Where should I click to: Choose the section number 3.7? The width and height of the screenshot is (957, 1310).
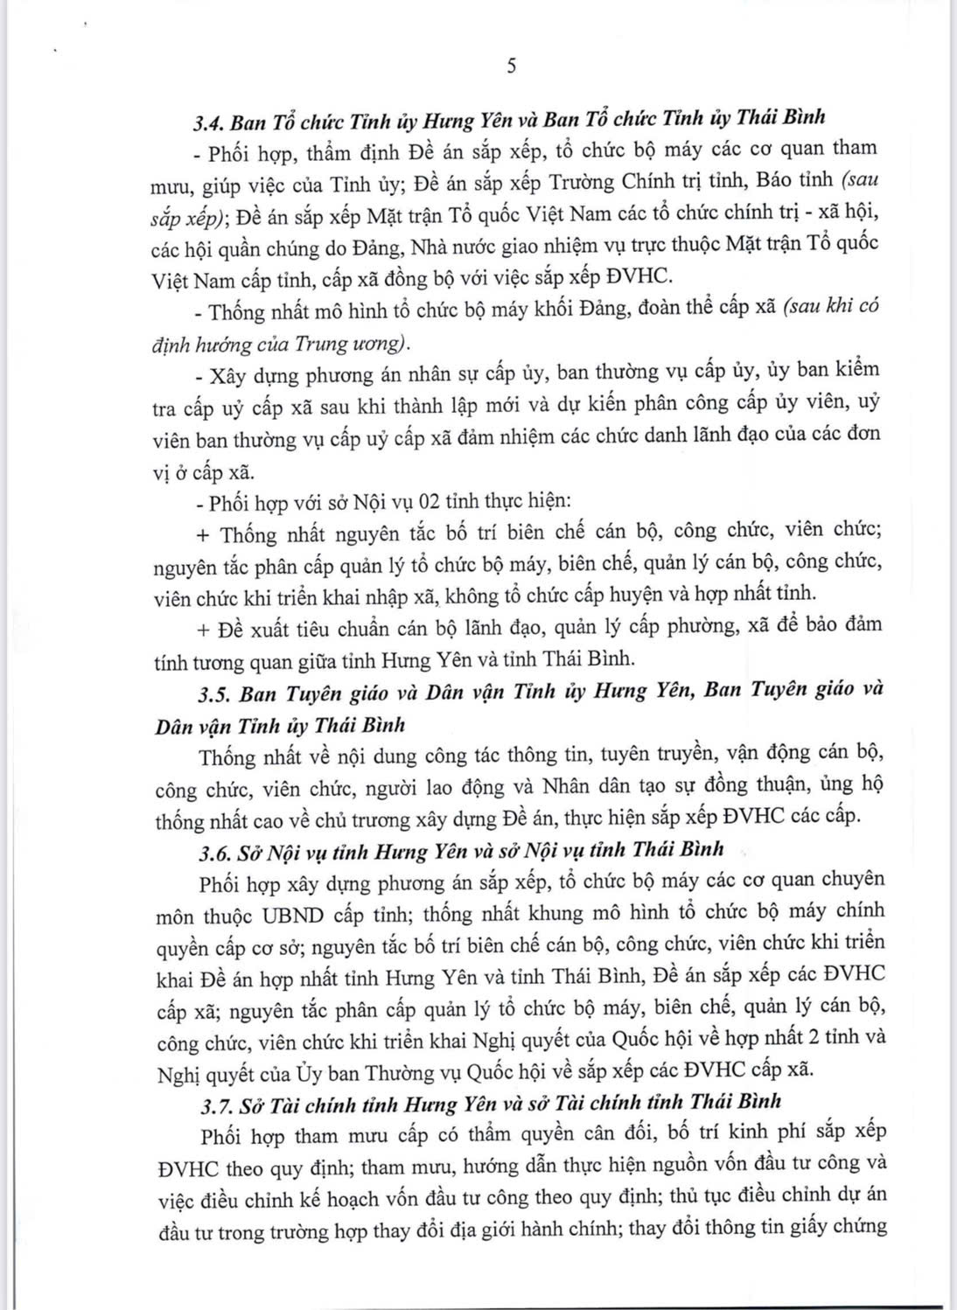(x=215, y=1103)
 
